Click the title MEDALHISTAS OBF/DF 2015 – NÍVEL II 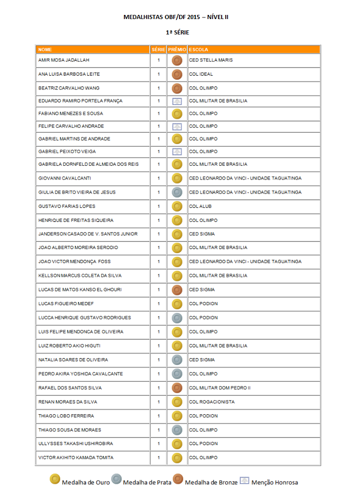tap(176, 17)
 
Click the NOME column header tap(45, 50)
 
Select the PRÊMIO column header tap(177, 50)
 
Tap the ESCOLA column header tap(199, 50)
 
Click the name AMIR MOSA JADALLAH tap(64, 60)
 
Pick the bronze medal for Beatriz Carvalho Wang tap(177, 88)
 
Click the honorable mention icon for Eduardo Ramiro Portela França tap(177, 101)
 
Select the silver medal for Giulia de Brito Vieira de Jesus tap(177, 192)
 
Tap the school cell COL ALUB tap(200, 206)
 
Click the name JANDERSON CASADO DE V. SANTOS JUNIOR tap(88, 234)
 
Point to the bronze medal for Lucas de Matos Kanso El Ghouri tap(177, 290)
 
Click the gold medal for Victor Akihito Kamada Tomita tap(177, 457)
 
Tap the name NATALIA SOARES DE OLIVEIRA tap(73, 360)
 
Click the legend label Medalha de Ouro tap(85, 483)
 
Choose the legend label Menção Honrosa tap(276, 483)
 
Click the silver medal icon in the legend tap(116, 480)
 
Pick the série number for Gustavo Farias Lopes tap(159, 206)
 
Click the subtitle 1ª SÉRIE tap(177, 32)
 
